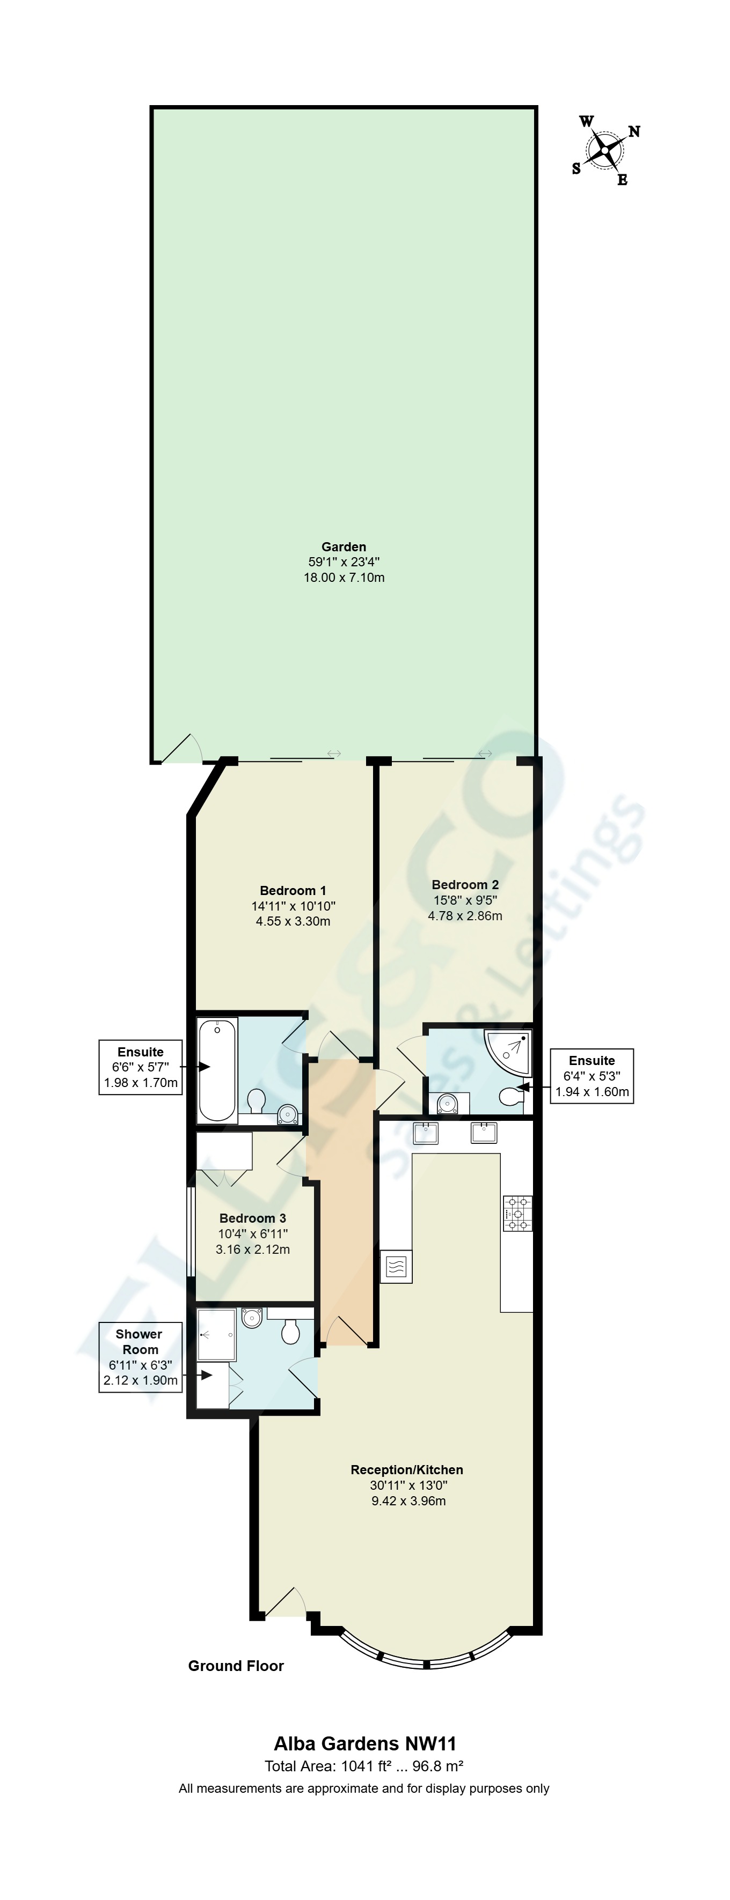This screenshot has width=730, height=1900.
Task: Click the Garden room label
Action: (x=343, y=546)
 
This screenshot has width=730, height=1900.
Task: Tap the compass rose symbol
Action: (x=605, y=151)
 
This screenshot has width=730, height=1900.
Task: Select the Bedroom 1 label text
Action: (x=293, y=890)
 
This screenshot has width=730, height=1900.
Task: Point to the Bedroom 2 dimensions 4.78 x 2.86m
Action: (x=465, y=915)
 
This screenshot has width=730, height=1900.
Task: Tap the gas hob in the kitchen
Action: (x=517, y=1214)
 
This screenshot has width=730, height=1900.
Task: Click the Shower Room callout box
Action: (x=140, y=1357)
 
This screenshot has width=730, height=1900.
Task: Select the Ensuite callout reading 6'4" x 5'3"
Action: (x=591, y=1076)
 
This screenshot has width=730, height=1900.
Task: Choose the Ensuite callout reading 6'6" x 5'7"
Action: (x=140, y=1067)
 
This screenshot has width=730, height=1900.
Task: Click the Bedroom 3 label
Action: (x=252, y=1218)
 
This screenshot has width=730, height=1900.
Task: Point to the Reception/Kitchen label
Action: (x=407, y=1469)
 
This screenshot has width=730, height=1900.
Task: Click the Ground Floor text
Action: (x=236, y=1666)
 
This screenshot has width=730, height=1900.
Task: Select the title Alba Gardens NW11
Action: (x=364, y=1743)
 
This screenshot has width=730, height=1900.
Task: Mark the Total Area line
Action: (x=364, y=1766)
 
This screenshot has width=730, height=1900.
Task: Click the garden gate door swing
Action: (x=181, y=749)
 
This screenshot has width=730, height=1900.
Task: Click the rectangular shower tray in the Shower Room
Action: (x=216, y=1334)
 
